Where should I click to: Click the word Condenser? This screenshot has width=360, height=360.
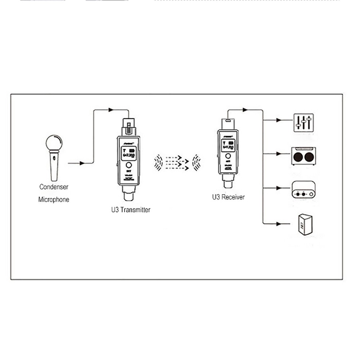(x=54, y=187)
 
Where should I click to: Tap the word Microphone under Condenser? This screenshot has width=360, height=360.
(x=54, y=199)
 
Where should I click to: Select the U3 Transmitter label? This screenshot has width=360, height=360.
(x=131, y=210)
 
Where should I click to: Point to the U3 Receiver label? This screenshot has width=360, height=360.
(x=228, y=197)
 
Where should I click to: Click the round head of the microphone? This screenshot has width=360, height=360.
(x=54, y=143)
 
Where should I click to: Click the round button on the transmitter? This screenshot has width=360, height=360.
(x=129, y=166)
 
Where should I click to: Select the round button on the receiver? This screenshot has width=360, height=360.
(x=228, y=157)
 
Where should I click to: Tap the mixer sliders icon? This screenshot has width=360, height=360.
(x=303, y=122)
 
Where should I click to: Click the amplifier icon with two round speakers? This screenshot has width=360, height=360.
(x=303, y=156)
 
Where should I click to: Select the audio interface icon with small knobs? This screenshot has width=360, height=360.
(x=303, y=190)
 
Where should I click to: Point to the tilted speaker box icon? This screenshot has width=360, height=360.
(x=305, y=225)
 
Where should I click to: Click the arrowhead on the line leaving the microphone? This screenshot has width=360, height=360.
(x=82, y=163)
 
